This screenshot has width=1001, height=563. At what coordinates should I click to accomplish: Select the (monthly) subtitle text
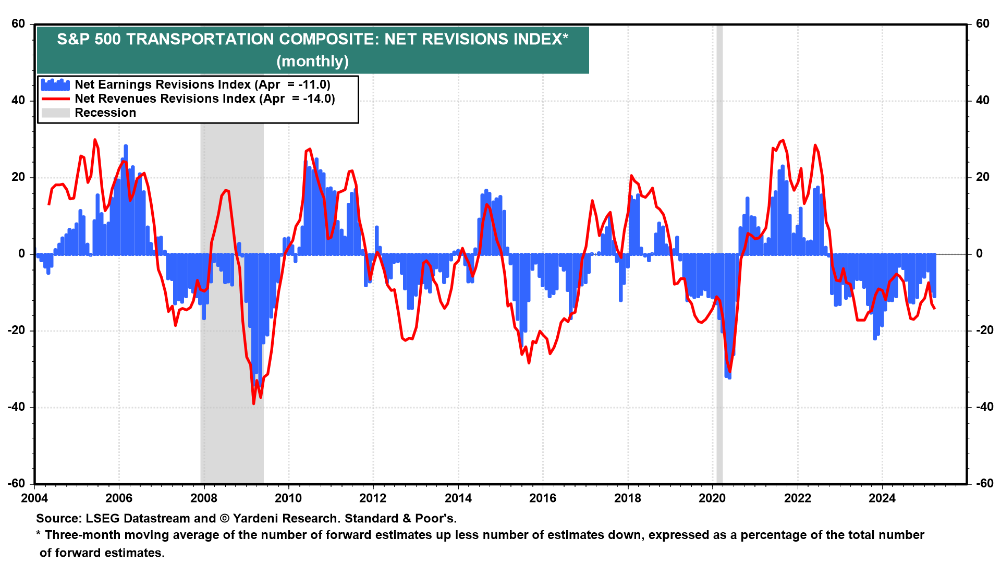point(312,62)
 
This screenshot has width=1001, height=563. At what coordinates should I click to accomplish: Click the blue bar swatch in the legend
point(55,84)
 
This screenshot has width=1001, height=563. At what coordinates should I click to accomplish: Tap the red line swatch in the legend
point(55,99)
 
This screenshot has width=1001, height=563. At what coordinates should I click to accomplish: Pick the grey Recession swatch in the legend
point(55,113)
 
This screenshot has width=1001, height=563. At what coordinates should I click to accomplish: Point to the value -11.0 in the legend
point(313,84)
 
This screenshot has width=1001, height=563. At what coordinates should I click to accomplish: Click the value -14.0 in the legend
point(318,99)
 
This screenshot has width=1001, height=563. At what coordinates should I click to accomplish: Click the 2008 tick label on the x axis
point(204,498)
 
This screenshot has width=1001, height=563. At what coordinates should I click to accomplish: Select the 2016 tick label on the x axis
point(543,498)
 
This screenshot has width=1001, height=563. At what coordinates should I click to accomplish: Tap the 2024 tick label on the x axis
point(882,498)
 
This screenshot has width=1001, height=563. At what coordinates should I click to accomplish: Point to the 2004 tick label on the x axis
point(34,498)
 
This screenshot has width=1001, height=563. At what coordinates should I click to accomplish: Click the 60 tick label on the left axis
point(18,24)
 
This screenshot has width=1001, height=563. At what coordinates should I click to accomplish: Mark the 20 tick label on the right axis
point(982,177)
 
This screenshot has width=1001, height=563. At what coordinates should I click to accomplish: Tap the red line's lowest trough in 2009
point(254,403)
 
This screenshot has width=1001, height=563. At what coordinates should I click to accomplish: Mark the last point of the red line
point(934,309)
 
